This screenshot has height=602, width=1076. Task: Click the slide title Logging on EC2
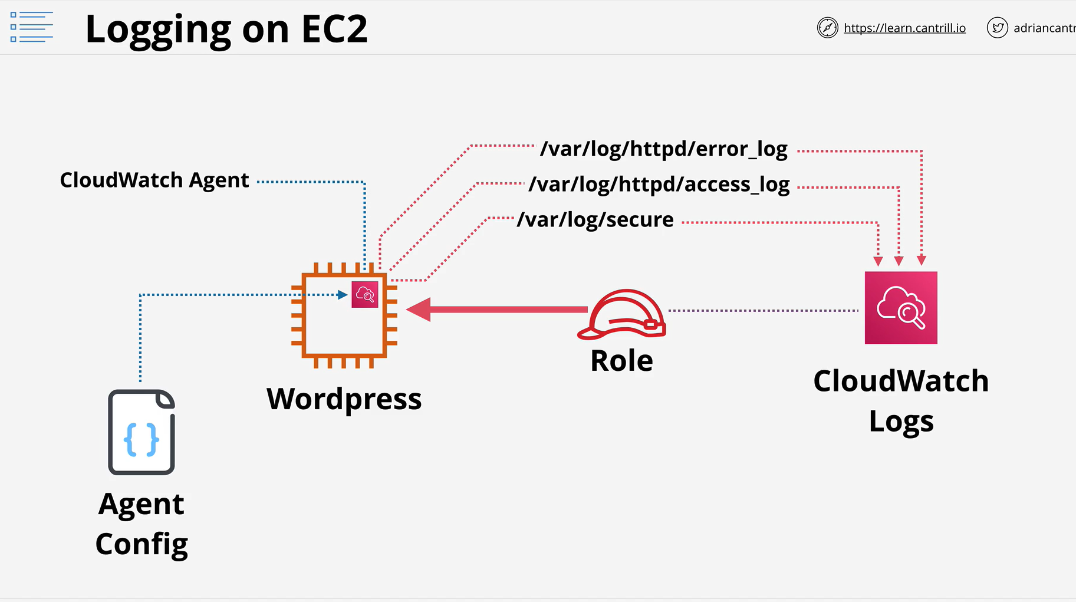tap(226, 29)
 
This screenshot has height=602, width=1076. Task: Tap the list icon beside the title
tap(32, 27)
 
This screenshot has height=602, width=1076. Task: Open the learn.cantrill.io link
tap(904, 28)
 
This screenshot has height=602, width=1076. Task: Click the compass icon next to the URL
tap(827, 28)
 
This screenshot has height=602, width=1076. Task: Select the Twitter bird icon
tap(997, 28)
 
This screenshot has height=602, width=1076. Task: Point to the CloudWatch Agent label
tap(154, 180)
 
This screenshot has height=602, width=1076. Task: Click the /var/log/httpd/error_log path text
tap(664, 149)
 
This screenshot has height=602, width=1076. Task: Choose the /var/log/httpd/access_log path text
tap(659, 185)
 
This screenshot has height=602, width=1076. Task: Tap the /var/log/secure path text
tap(595, 219)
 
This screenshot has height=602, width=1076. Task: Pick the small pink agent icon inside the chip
tap(365, 294)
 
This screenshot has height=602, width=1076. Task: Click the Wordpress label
tap(344, 399)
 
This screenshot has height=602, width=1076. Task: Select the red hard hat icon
tap(621, 314)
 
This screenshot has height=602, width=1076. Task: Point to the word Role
tap(621, 360)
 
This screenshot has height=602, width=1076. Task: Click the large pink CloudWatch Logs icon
tap(901, 308)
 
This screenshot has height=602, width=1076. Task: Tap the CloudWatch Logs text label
tap(901, 401)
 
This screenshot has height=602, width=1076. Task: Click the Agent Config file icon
tap(142, 432)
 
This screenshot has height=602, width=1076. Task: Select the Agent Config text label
tap(142, 524)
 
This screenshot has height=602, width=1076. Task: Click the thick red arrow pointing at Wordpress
tap(497, 310)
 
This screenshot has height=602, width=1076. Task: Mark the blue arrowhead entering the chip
tap(343, 295)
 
